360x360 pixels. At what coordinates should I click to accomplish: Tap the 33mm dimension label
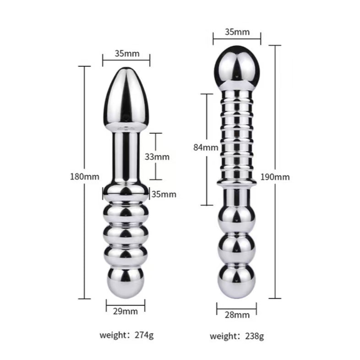[x=157, y=156]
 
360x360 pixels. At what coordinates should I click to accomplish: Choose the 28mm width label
[x=238, y=315]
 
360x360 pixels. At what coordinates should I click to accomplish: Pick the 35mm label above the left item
[x=127, y=53]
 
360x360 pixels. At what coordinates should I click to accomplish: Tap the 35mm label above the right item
[x=237, y=33]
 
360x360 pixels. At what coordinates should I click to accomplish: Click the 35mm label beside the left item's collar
[x=164, y=194]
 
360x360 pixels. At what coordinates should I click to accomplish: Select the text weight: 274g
[x=127, y=335]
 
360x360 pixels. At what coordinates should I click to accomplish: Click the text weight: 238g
[x=237, y=337]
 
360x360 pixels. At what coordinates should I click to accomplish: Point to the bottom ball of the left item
[x=125, y=280]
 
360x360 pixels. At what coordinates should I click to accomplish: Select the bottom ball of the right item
[x=237, y=279]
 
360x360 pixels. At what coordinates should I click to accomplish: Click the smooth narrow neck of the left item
[x=125, y=156]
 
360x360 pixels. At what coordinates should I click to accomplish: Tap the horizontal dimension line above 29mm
[x=125, y=302]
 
